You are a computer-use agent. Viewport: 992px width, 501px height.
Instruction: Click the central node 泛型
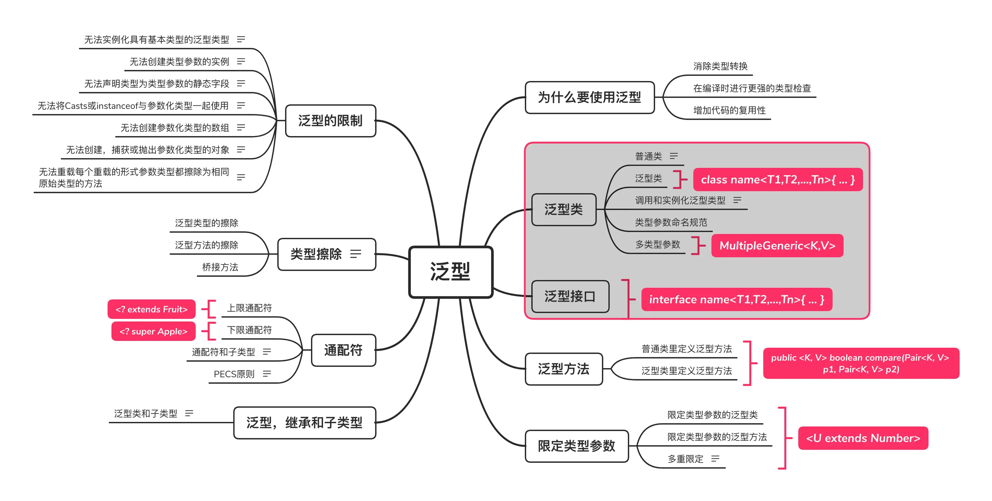point(450,272)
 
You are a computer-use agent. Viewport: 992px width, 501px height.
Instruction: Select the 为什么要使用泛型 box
point(589,97)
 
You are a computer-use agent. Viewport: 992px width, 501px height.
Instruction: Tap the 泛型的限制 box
point(330,120)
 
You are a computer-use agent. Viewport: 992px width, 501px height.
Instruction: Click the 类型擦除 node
point(326,254)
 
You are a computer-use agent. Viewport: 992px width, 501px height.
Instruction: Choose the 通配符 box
point(343,350)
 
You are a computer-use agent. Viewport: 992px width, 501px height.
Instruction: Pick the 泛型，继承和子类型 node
point(305,423)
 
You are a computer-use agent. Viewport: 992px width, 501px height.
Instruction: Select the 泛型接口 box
point(570,297)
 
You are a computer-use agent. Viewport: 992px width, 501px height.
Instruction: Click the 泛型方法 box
point(564,369)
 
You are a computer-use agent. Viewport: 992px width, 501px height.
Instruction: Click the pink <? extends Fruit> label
point(151,309)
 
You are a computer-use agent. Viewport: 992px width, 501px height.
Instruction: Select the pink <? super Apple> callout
point(153,331)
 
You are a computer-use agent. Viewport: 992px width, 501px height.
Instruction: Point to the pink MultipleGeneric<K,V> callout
point(777,245)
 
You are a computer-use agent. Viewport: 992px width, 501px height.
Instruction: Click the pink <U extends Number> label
point(863,438)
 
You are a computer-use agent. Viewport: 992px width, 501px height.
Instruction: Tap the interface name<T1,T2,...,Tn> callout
point(737,299)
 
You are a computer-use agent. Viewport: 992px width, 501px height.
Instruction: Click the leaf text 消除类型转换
point(720,66)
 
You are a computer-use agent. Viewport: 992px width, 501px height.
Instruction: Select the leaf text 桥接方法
point(220,267)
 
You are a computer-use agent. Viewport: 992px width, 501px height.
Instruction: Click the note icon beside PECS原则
point(267,374)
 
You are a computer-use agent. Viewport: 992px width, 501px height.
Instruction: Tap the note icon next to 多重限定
point(715,459)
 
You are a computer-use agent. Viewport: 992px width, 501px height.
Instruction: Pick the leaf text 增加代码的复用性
point(729,111)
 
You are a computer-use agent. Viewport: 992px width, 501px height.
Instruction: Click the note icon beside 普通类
point(673,156)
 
